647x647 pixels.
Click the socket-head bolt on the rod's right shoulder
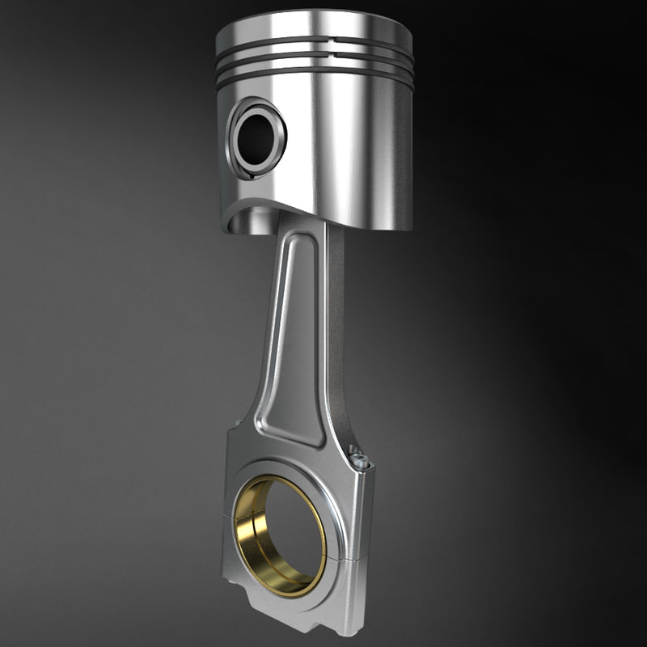[x=361, y=462]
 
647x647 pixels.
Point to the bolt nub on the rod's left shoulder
[x=235, y=424]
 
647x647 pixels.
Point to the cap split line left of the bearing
[x=227, y=514]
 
